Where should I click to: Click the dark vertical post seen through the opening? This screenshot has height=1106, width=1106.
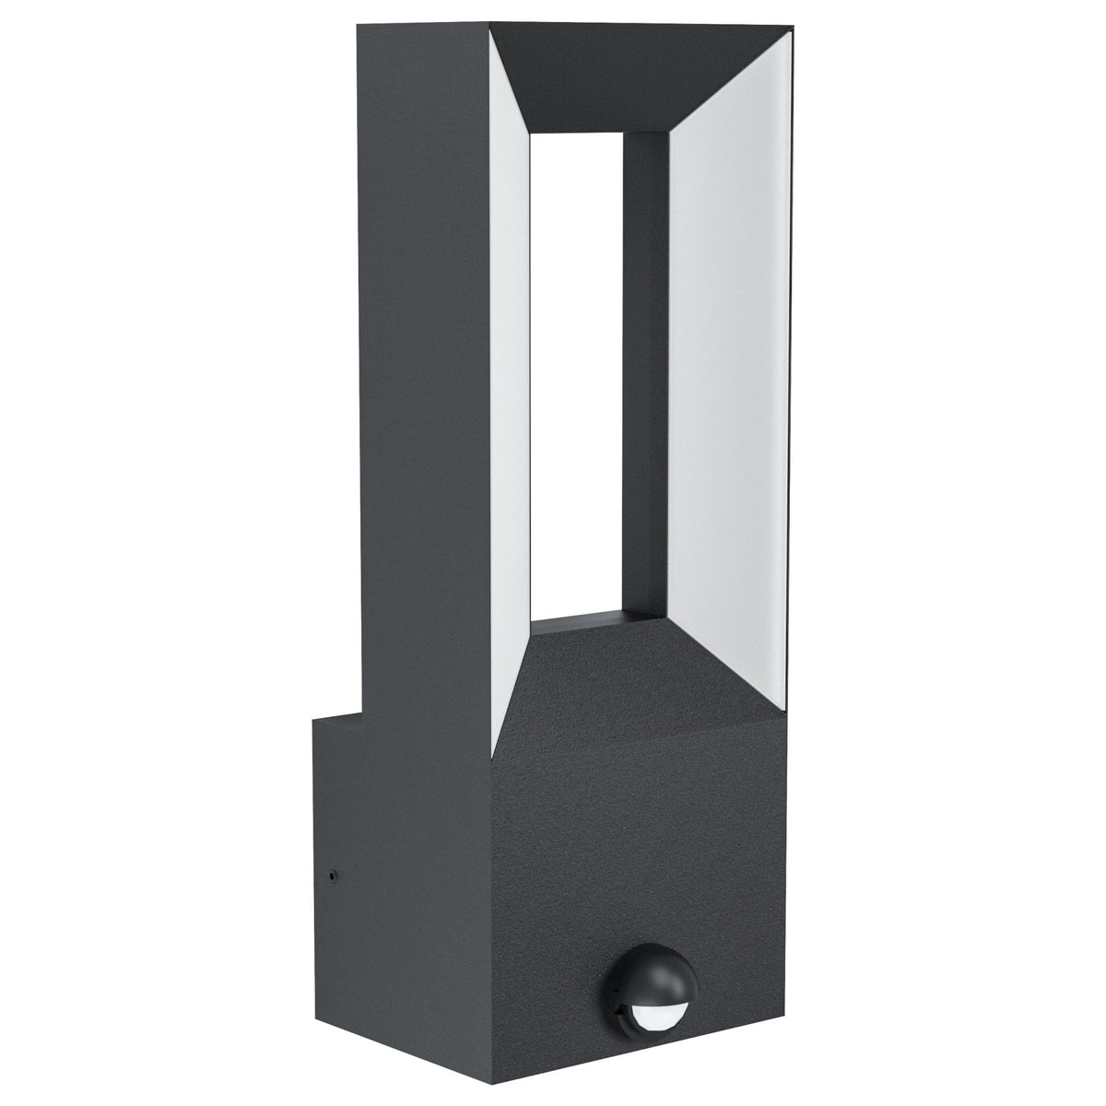[645, 369]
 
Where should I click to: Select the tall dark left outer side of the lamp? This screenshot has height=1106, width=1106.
[424, 369]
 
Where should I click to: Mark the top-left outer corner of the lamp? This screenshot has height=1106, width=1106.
[359, 27]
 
